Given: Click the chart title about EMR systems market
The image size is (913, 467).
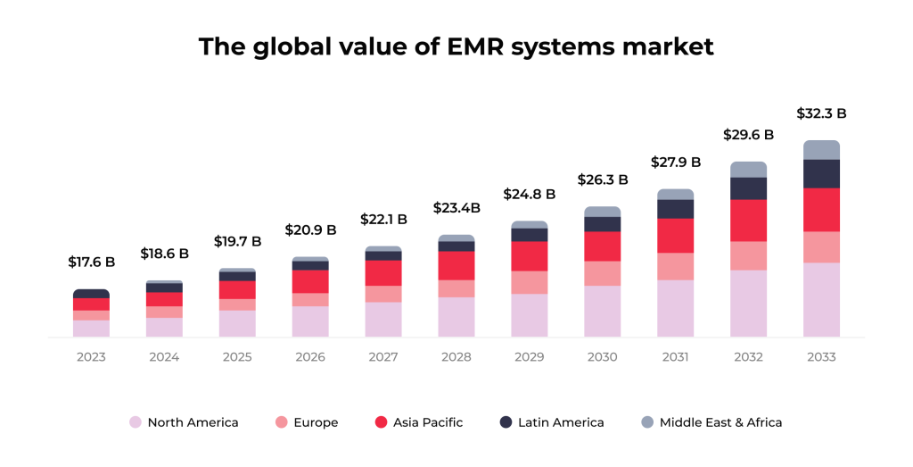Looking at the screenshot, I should click(456, 46).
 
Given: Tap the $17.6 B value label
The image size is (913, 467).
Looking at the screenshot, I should click(91, 262).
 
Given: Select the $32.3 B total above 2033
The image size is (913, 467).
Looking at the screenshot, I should click(821, 113).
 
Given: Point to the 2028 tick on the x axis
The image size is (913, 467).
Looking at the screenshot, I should click(456, 357).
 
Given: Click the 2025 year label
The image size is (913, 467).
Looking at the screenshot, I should click(237, 357).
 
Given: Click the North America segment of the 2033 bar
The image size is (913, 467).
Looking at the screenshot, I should click(821, 299).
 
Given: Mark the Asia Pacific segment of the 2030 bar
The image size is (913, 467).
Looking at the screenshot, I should click(602, 246).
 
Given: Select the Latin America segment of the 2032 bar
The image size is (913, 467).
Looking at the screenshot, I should click(748, 188).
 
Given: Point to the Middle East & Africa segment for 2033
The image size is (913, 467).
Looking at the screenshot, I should click(821, 149).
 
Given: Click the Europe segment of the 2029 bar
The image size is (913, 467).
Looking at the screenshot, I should click(529, 282).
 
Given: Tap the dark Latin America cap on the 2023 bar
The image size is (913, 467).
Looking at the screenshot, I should click(91, 293).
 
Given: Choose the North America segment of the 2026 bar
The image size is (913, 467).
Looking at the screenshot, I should click(310, 321).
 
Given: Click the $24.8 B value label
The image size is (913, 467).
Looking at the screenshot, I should click(529, 194).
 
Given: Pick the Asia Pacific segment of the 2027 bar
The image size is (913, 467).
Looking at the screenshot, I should click(383, 272).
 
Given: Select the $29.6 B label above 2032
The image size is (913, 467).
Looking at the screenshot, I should click(748, 135).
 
